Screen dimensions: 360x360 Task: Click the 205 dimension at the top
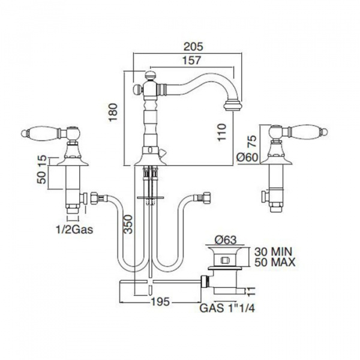[x=194, y=46]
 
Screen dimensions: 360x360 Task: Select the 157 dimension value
[x=191, y=61]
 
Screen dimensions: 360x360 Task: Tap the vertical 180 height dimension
[x=113, y=113]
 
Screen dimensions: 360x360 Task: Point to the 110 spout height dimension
[x=221, y=132]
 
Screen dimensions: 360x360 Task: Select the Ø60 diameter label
[x=247, y=157]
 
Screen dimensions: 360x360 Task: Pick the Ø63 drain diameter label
[x=226, y=240]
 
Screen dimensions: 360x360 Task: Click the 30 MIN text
[x=273, y=251]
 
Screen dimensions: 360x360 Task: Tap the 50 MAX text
[x=275, y=262]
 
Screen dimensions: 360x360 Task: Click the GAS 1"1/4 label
[x=227, y=308]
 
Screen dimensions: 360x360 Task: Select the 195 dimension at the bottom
[x=160, y=301]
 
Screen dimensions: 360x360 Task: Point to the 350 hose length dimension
[x=128, y=224]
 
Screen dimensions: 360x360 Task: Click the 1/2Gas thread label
[x=74, y=229]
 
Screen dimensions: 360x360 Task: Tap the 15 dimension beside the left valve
[x=42, y=158]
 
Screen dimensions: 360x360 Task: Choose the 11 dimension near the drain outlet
[x=251, y=292]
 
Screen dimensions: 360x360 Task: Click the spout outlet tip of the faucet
[x=233, y=106]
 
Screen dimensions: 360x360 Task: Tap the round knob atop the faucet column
[x=151, y=76]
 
